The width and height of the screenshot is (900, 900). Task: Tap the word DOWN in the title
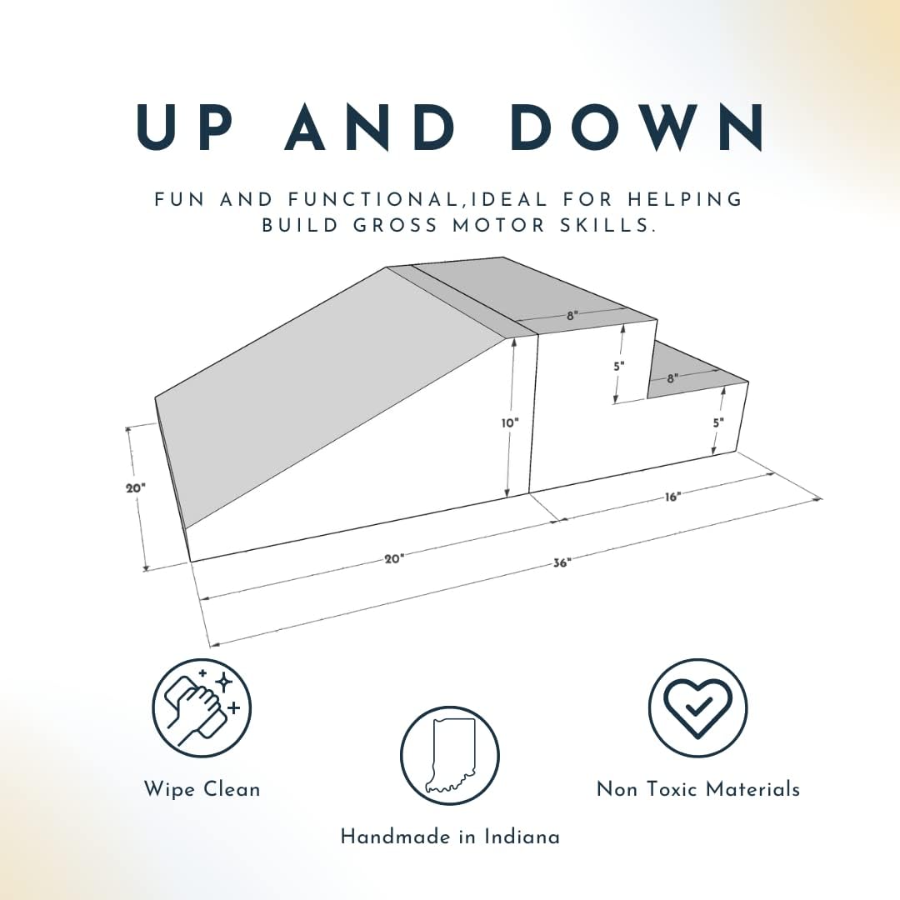pyautogui.click(x=637, y=127)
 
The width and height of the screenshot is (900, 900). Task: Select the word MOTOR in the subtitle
pyautogui.click(x=498, y=226)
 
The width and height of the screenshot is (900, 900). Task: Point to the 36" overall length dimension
pyautogui.click(x=560, y=563)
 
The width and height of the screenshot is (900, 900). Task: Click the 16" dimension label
pyautogui.click(x=672, y=497)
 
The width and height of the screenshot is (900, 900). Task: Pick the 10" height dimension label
pyautogui.click(x=510, y=423)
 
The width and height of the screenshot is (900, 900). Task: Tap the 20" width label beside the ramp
pyautogui.click(x=136, y=488)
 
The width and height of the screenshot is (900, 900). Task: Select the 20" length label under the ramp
pyautogui.click(x=394, y=558)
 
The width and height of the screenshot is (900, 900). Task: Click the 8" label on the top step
pyautogui.click(x=571, y=316)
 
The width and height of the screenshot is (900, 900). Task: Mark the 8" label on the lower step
pyautogui.click(x=672, y=379)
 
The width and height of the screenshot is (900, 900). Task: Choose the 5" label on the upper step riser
pyautogui.click(x=618, y=366)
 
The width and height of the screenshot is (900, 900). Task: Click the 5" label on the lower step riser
pyautogui.click(x=718, y=423)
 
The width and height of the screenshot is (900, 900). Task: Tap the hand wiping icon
pyautogui.click(x=202, y=707)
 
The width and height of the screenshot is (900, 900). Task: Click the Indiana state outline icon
pyautogui.click(x=449, y=756)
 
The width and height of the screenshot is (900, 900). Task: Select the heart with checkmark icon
pyautogui.click(x=697, y=707)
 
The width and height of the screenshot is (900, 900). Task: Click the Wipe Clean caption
pyautogui.click(x=202, y=790)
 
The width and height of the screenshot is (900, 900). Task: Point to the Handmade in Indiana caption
pyautogui.click(x=450, y=837)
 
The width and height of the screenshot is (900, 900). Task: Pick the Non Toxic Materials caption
pyautogui.click(x=698, y=789)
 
